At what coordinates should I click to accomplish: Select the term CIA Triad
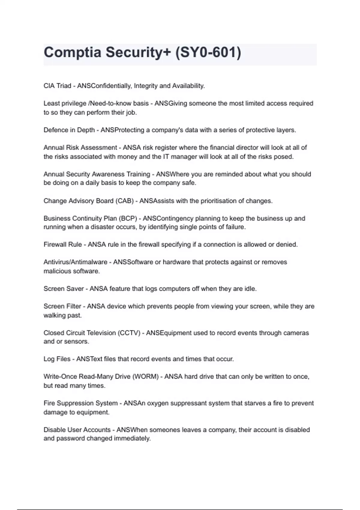[57, 86]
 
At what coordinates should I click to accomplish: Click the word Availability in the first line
[188, 86]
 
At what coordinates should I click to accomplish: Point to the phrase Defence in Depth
[69, 130]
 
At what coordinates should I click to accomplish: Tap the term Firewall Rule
[63, 244]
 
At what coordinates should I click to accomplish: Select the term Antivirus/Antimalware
[75, 262]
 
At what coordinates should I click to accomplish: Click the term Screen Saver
[64, 289]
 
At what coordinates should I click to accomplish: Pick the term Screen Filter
[62, 306]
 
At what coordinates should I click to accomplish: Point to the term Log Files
[57, 359]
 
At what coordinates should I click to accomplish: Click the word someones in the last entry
[165, 430]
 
